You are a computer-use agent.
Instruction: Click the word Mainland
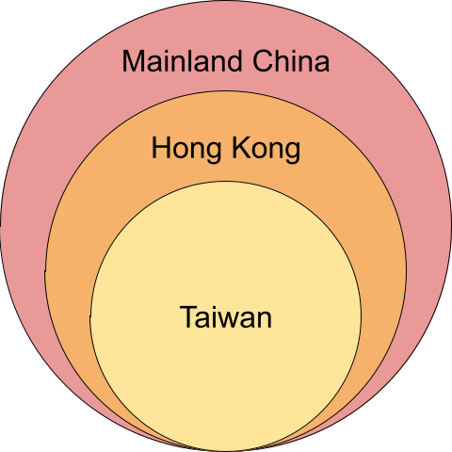point(182,60)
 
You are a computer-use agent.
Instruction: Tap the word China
point(291,60)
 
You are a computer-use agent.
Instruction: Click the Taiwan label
point(226,317)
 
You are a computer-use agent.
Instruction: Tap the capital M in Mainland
point(134,60)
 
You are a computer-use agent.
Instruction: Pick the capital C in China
point(263,60)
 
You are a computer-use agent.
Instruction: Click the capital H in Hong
point(161,147)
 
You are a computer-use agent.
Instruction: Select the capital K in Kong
point(242,147)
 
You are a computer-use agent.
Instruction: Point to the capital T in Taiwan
point(188,317)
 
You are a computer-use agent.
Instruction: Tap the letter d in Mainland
point(234,60)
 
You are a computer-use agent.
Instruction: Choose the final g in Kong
point(293,153)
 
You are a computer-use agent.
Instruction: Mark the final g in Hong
point(214,153)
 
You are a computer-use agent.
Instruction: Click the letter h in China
point(282,60)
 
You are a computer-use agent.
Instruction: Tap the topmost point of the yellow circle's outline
point(226,181)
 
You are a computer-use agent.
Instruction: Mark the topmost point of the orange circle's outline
point(226,91)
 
